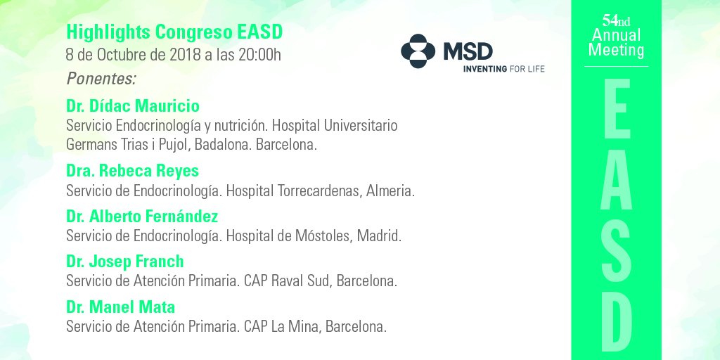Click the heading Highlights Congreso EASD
(x=174, y=32)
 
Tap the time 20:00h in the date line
(x=258, y=55)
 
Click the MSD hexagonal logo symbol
(x=418, y=51)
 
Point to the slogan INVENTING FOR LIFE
(x=503, y=69)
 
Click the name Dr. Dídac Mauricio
(x=132, y=106)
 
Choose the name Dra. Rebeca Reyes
(x=132, y=171)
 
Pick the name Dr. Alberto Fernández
(x=142, y=216)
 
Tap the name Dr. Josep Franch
(x=124, y=262)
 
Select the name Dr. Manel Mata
(x=120, y=307)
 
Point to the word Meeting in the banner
(x=616, y=50)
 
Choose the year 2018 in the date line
(x=185, y=55)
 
